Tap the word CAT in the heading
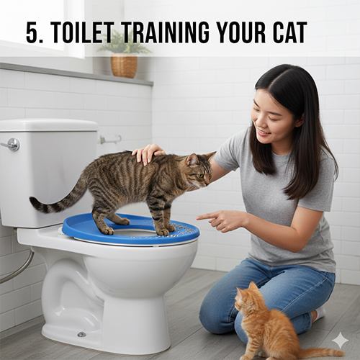coord(285,32)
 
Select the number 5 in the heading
coord(31,32)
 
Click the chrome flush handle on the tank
coord(11,145)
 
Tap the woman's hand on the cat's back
coord(148,153)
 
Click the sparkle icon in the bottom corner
coord(340,340)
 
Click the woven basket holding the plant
coord(124,66)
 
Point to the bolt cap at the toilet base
coord(81,334)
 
